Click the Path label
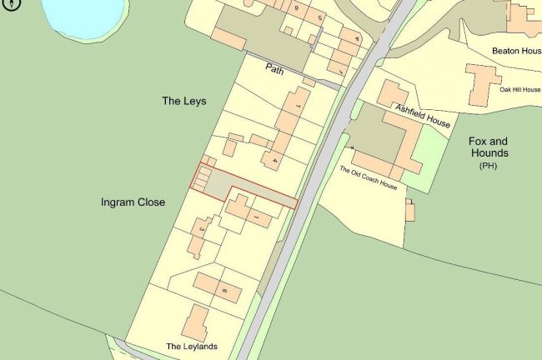point(274,70)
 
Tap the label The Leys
point(183,101)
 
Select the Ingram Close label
point(133,202)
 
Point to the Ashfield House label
point(423,115)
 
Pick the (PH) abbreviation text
point(488,167)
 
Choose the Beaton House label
point(517,51)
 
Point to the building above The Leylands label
point(196,322)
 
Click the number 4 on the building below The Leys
point(274,159)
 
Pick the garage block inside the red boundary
point(203,177)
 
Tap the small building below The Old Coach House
point(409,211)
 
